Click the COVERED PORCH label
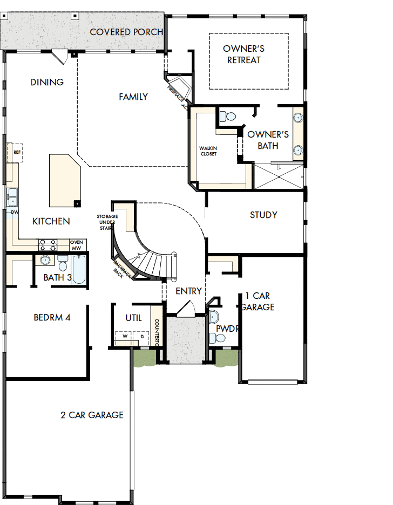[126, 32]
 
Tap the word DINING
[47, 82]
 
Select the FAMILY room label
[133, 97]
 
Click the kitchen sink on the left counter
[12, 197]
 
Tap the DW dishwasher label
[15, 212]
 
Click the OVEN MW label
[77, 245]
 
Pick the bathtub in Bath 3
[79, 270]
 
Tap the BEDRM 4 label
[52, 317]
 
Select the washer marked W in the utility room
[124, 337]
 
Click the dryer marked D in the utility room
[141, 337]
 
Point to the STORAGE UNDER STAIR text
[107, 222]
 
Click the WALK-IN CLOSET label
[208, 151]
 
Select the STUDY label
[263, 215]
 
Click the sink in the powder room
[214, 317]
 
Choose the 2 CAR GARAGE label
[92, 415]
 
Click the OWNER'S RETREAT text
[243, 54]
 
